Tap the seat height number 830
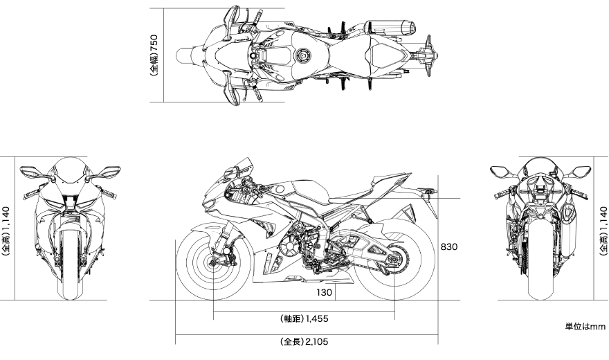click(449, 246)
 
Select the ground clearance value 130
click(325, 292)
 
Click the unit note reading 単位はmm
click(585, 327)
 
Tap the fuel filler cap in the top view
click(302, 55)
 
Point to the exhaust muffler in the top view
click(390, 27)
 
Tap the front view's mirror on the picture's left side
click(33, 171)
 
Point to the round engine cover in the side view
click(289, 247)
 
